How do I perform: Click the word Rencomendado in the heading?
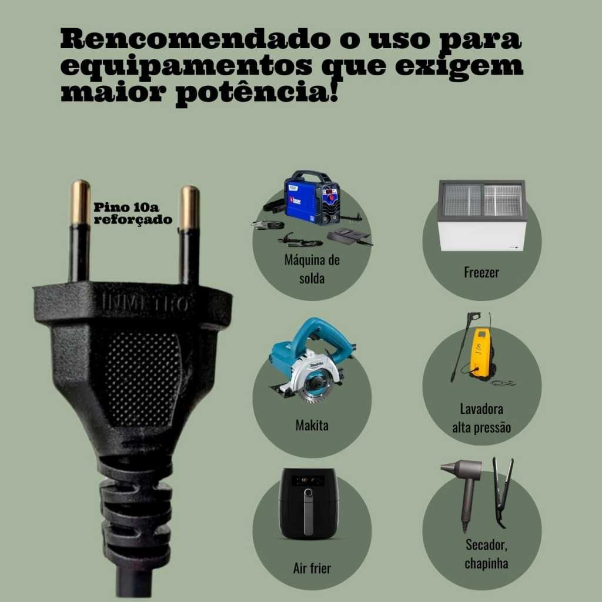click(x=195, y=38)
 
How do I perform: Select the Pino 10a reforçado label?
click(x=133, y=213)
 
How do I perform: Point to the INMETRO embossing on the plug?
click(x=145, y=303)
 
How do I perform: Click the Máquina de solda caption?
click(x=312, y=269)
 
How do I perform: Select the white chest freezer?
click(x=482, y=215)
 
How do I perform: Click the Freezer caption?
click(x=481, y=272)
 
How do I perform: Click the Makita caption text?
click(x=312, y=425)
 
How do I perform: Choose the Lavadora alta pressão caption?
click(x=481, y=418)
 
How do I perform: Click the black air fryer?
click(x=308, y=503)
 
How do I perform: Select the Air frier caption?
click(x=312, y=568)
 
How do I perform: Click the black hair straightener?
click(x=502, y=491)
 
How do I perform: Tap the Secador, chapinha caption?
click(x=486, y=554)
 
